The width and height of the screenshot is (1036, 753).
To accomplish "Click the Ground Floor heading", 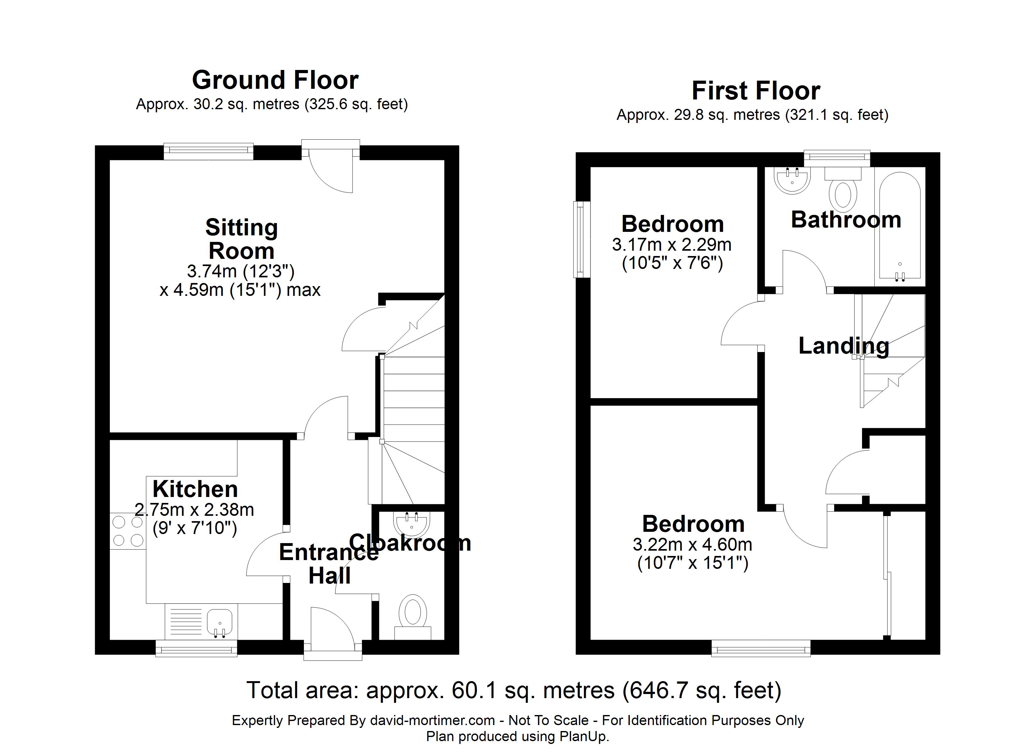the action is point(275,80).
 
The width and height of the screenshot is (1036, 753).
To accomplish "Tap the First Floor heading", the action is point(756,91).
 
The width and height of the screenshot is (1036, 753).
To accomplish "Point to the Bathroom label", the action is point(846,220).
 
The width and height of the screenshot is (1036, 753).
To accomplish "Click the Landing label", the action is point(844,346).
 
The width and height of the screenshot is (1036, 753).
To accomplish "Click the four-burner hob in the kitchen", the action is point(128,531).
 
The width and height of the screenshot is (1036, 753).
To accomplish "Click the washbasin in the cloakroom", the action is point(412,523).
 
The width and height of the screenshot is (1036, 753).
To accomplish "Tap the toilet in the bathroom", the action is point(843,190).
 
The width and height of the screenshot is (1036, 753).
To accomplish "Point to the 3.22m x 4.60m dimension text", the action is point(693,545).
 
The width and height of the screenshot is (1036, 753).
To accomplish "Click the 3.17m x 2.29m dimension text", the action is point(672,245).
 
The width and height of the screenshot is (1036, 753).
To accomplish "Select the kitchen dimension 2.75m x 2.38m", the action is point(194,510).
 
